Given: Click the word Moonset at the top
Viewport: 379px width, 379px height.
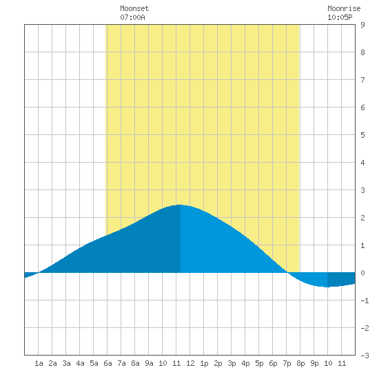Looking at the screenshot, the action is (x=134, y=8).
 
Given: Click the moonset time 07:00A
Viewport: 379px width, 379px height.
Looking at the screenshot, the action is (x=132, y=17).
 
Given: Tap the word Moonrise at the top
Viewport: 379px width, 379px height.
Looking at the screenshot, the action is (x=344, y=8).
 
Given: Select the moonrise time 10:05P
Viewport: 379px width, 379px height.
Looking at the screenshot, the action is (x=340, y=17).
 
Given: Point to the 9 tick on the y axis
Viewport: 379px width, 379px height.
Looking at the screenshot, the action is (x=362, y=25).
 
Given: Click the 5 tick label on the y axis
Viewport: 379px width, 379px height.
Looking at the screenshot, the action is (x=362, y=135).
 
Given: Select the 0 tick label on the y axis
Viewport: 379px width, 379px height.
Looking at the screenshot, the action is (x=362, y=273).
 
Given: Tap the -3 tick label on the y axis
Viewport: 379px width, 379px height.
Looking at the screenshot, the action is (x=365, y=356).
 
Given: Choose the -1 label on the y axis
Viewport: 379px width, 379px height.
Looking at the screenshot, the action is (x=365, y=300).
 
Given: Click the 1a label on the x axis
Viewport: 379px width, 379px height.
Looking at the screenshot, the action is (x=39, y=363).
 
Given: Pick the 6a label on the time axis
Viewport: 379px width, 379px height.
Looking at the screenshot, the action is (x=107, y=363).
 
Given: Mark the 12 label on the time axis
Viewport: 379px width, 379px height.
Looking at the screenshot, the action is (x=190, y=363).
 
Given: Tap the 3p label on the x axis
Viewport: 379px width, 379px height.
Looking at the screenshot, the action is (x=232, y=363).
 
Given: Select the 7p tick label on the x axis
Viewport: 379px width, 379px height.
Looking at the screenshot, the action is (x=287, y=363).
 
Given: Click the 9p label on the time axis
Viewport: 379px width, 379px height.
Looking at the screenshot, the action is (x=314, y=363).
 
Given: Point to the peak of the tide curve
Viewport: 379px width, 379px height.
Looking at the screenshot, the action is (x=180, y=205).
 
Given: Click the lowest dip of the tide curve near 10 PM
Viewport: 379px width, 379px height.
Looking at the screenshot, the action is (x=327, y=287).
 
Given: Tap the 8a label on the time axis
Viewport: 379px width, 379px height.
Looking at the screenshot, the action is (x=135, y=363).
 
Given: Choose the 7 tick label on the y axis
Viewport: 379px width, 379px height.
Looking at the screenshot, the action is (x=362, y=80).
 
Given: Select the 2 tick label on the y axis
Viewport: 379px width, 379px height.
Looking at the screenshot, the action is (x=362, y=218).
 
